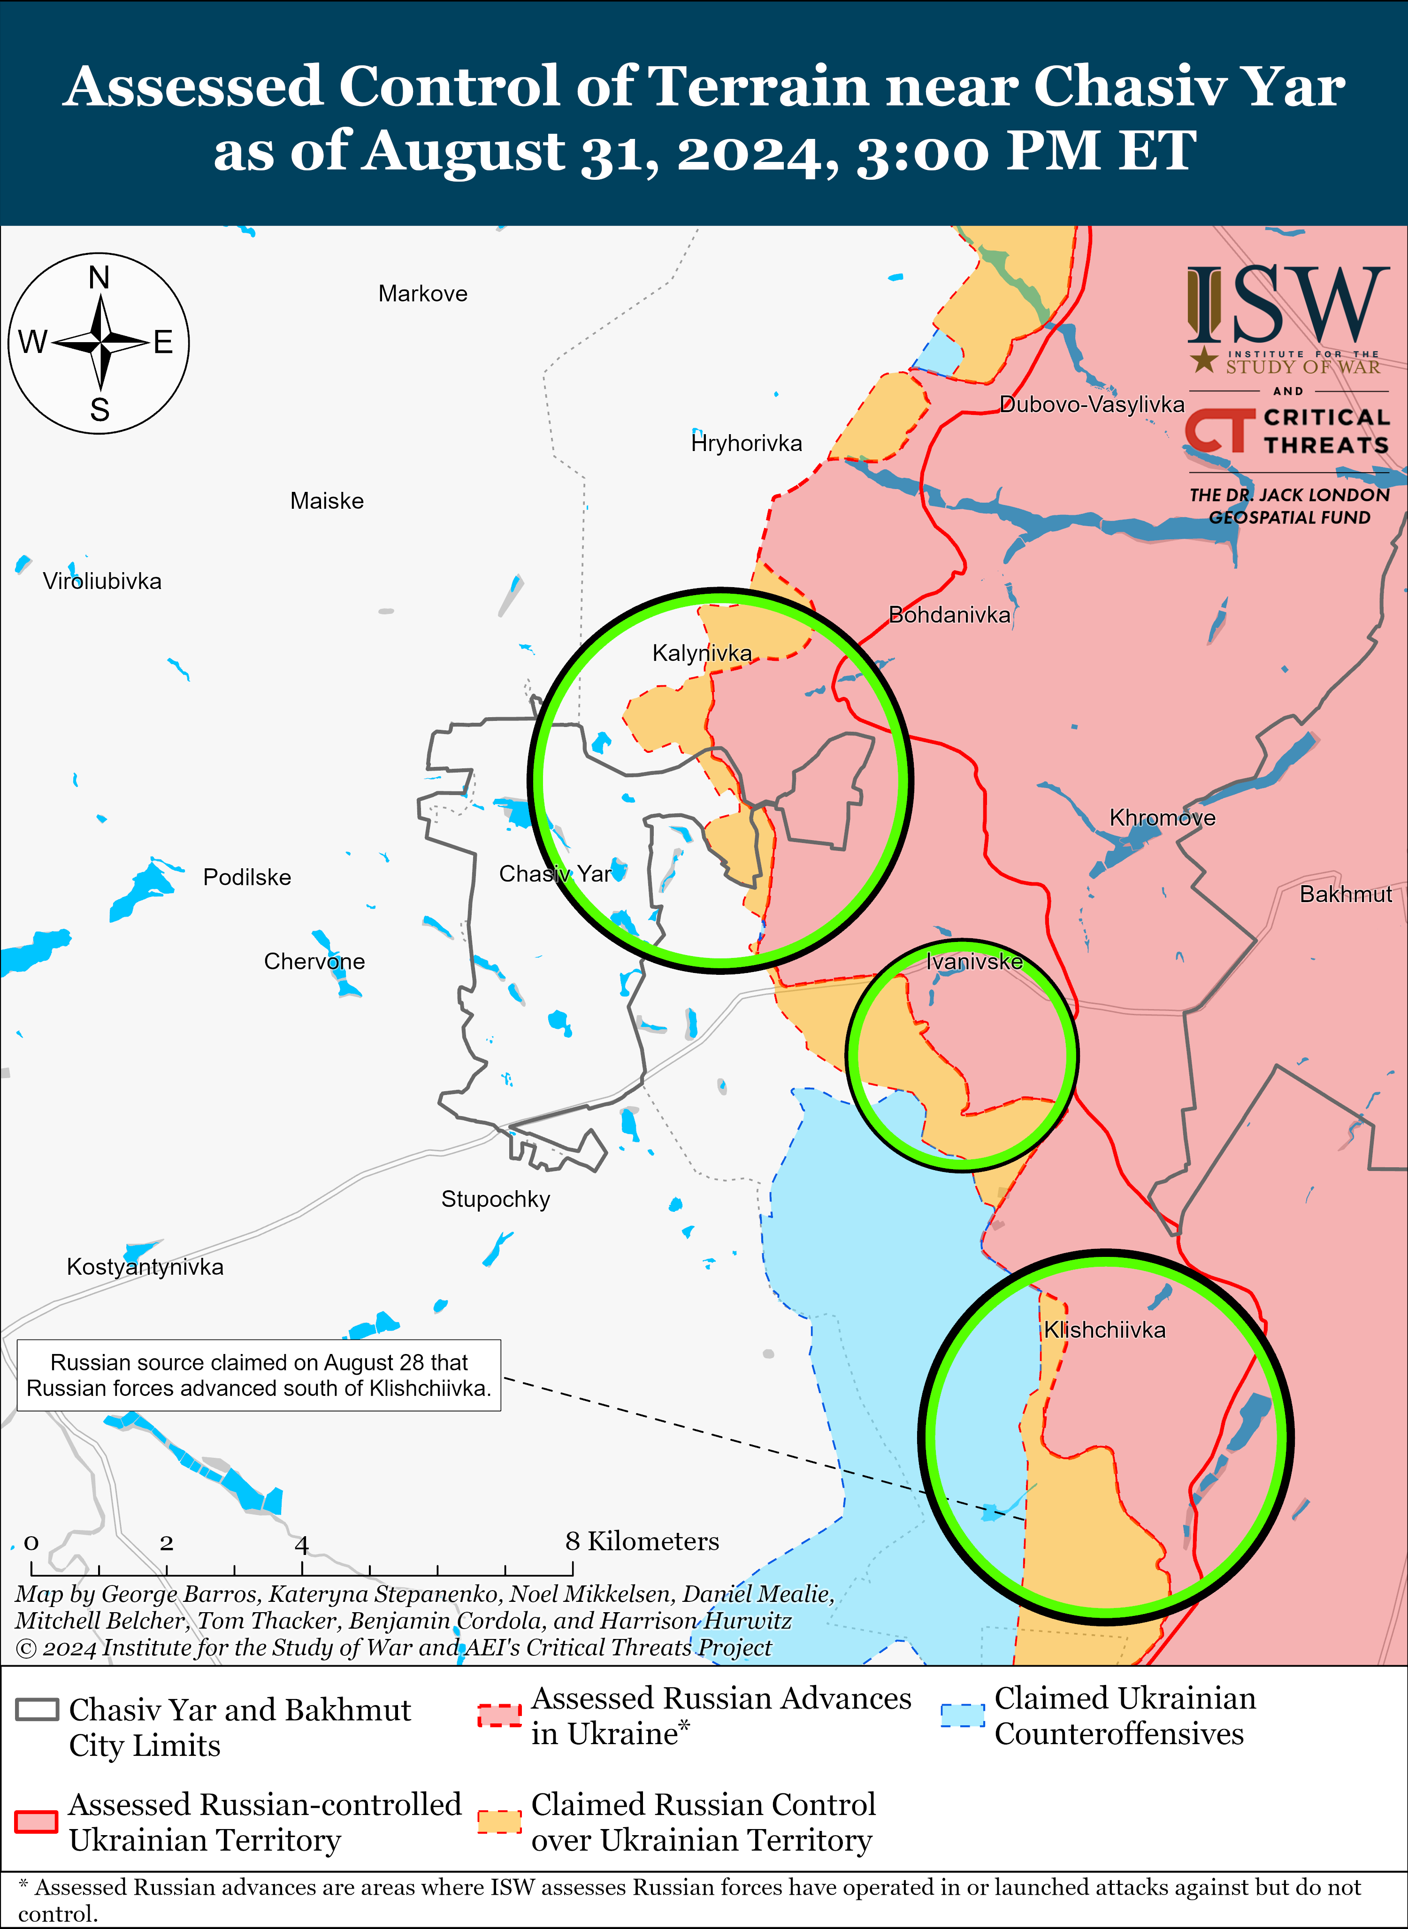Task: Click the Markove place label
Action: pyautogui.click(x=423, y=294)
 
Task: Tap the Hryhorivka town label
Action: pyautogui.click(x=747, y=443)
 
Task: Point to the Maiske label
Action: pyautogui.click(x=327, y=501)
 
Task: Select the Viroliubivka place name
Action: pyautogui.click(x=102, y=582)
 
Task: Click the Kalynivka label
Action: pyautogui.click(x=702, y=654)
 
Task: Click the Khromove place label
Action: pyautogui.click(x=1163, y=819)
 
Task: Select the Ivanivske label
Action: pyautogui.click(x=974, y=962)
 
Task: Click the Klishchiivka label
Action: pyautogui.click(x=1105, y=1330)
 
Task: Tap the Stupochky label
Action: pyautogui.click(x=495, y=1199)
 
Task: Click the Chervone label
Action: pyautogui.click(x=314, y=962)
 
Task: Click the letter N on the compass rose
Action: pyautogui.click(x=99, y=278)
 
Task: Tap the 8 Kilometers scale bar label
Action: pyautogui.click(x=642, y=1541)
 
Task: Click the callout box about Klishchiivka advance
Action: pyautogui.click(x=259, y=1375)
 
